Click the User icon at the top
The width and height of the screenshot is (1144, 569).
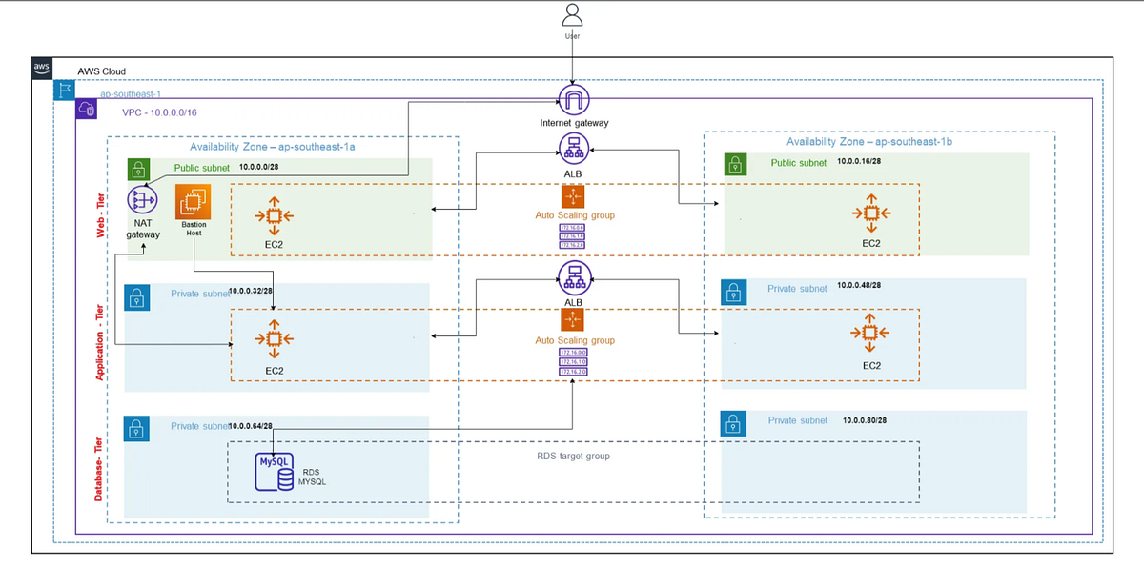point(572,15)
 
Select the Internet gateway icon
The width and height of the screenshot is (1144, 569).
point(573,99)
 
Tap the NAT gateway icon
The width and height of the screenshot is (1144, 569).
point(142,201)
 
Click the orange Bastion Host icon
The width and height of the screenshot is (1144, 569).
point(194,202)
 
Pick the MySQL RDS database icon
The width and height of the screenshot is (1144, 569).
point(275,471)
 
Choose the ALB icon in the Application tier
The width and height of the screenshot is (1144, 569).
point(573,278)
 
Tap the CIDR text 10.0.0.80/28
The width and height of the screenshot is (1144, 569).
point(865,420)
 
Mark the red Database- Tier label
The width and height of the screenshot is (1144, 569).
point(100,464)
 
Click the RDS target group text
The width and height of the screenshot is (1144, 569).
point(573,457)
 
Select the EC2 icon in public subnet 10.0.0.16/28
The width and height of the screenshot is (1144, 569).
point(869,213)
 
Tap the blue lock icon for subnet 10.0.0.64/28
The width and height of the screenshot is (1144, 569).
point(137,428)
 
